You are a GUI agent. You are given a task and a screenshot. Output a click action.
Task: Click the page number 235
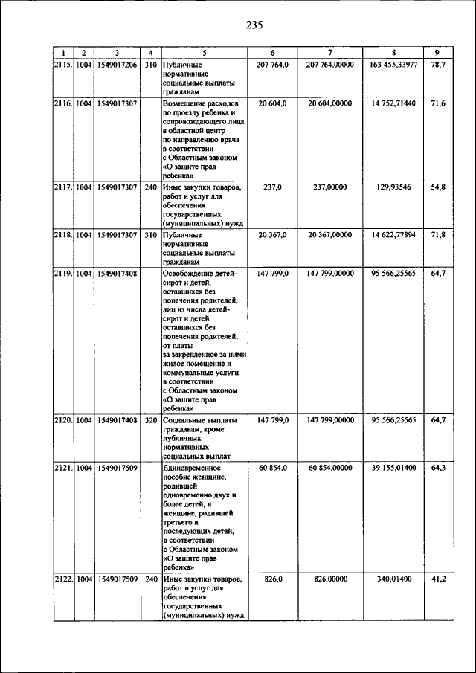tap(254, 25)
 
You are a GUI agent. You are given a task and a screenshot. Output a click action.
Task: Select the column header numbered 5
tap(204, 53)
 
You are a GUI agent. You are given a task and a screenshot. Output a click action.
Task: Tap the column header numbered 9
tap(437, 53)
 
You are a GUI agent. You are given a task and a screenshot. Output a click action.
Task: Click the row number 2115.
tap(63, 65)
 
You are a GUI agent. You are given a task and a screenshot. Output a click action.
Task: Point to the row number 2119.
tap(63, 274)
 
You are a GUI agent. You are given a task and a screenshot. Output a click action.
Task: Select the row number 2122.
tap(63, 579)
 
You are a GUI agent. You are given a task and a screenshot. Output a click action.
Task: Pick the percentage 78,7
tap(437, 65)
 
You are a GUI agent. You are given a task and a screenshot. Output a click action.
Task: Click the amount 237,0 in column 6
tap(271, 187)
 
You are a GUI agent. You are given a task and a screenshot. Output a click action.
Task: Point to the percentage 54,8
tap(437, 187)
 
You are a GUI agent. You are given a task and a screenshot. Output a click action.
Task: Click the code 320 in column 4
tap(150, 420)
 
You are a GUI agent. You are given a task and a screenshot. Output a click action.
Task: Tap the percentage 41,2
tap(437, 579)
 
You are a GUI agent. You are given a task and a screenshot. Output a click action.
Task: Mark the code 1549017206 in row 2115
tap(117, 65)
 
